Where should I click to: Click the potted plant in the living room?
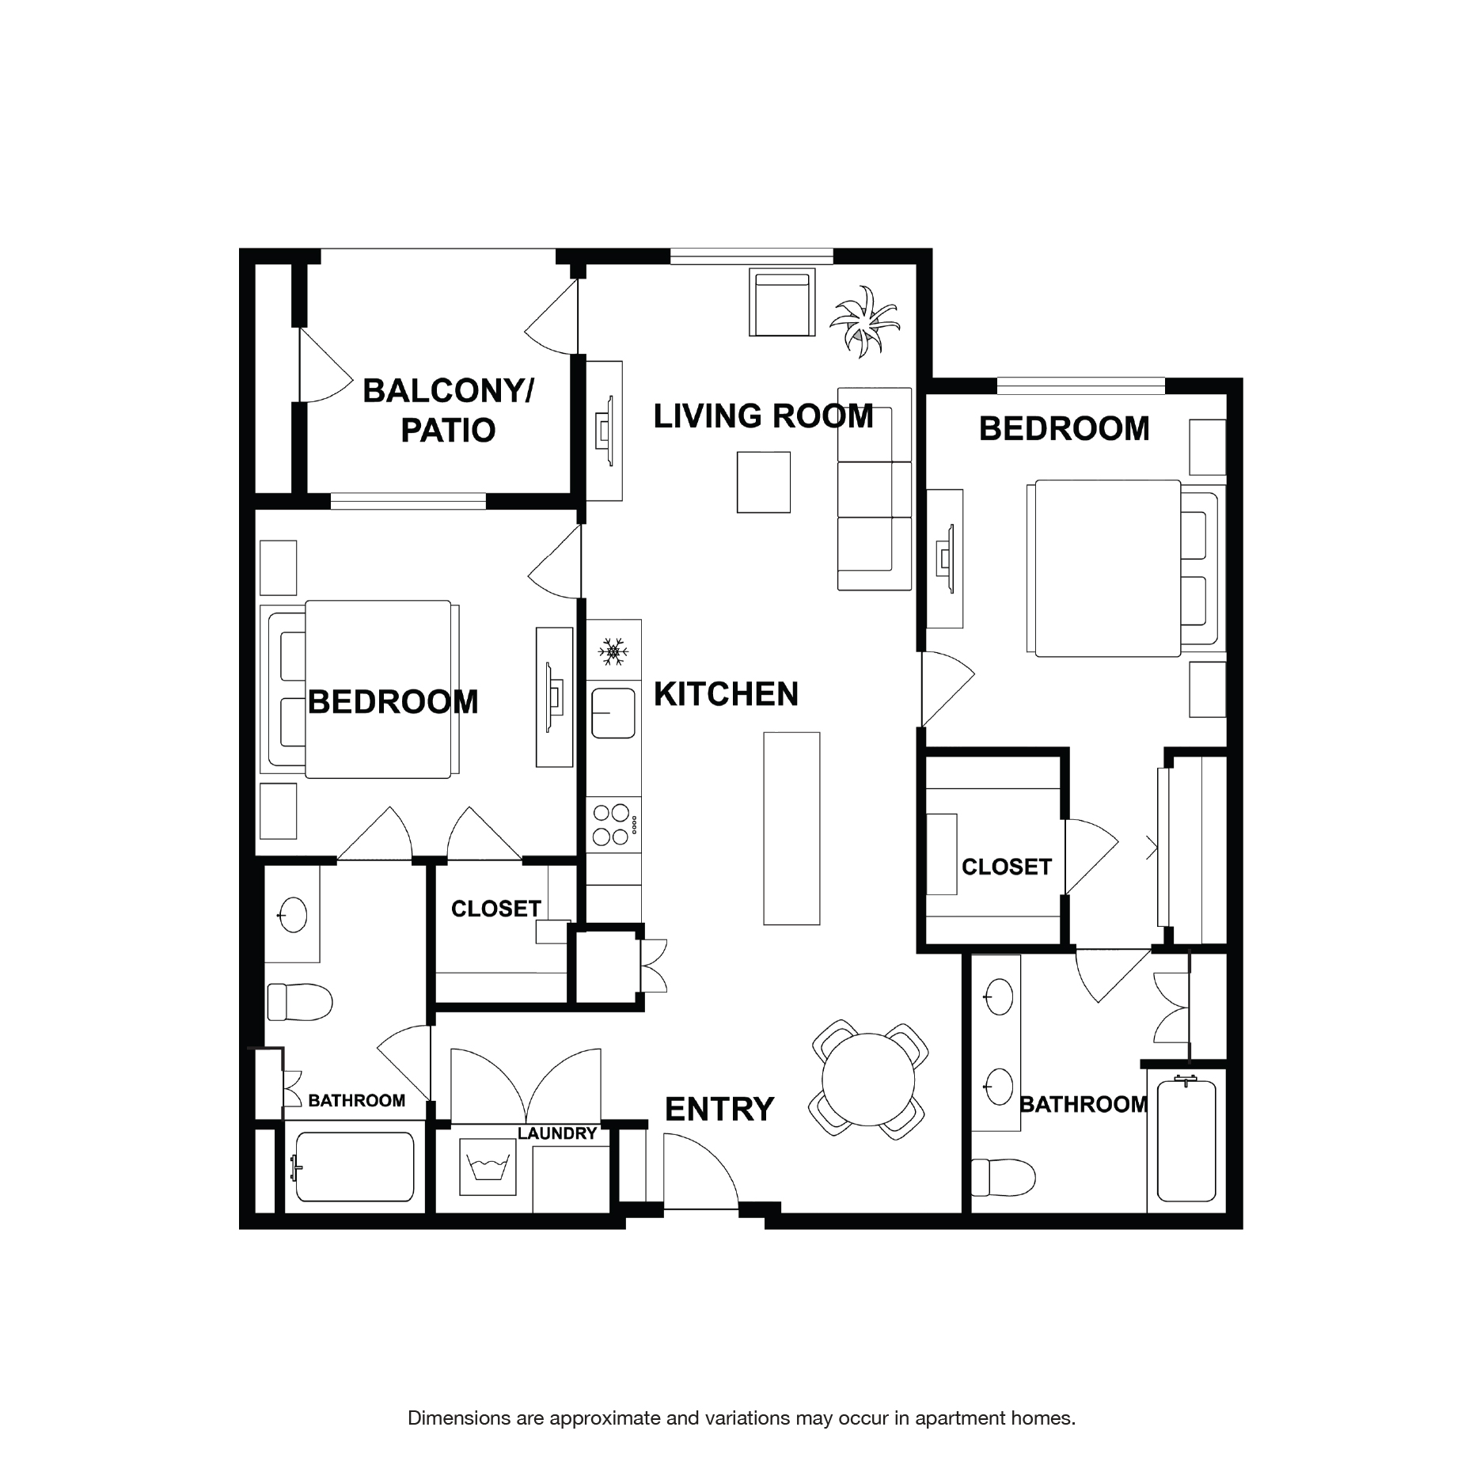[x=863, y=322]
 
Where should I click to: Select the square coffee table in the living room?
[x=763, y=482]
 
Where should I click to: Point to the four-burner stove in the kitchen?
[x=611, y=825]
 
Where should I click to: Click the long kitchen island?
[x=791, y=828]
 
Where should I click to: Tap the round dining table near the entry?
[x=868, y=1080]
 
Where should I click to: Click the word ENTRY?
[x=719, y=1109]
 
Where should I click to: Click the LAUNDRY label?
[x=557, y=1133]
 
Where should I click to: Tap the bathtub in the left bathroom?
[x=355, y=1167]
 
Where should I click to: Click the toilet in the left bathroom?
[x=299, y=1002]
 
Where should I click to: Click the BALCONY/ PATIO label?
[x=448, y=410]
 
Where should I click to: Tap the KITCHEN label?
[x=726, y=694]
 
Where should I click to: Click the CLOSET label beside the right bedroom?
[x=1006, y=867]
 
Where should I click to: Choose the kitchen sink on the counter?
[x=613, y=712]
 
